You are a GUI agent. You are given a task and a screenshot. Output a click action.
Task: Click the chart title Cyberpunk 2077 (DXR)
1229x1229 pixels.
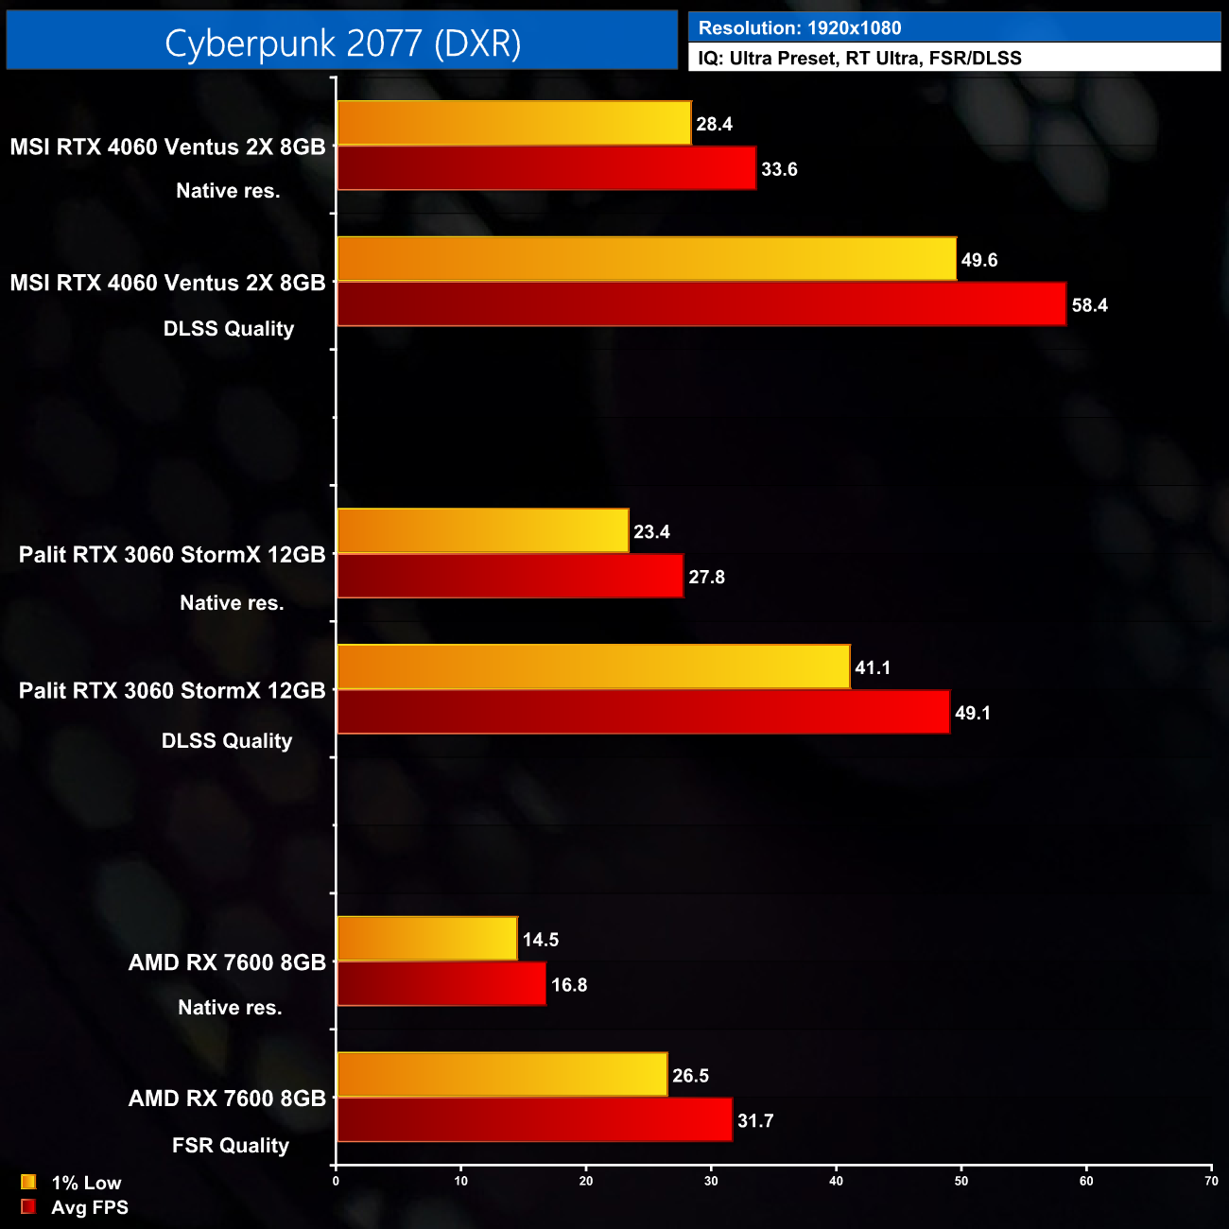342,43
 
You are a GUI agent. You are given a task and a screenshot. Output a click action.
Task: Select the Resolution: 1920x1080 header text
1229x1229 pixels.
800,28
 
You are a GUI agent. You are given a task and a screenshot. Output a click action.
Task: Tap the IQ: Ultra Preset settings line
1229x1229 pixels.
859,58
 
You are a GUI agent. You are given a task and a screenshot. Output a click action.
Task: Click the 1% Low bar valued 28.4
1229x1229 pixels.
514,124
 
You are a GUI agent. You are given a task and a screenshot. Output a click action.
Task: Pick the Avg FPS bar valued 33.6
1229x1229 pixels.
546,168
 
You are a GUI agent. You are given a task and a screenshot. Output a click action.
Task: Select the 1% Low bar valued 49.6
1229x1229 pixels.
647,259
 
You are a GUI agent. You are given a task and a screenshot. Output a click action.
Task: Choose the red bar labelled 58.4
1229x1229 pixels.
701,304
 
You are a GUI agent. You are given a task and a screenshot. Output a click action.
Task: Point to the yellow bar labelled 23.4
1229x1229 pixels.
482,531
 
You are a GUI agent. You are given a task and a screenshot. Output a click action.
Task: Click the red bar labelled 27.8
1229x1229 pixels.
510,577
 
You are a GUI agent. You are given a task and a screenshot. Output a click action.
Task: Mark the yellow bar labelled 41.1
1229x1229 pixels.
594,667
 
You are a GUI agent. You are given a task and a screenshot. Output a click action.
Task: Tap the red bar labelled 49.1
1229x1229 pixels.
643,712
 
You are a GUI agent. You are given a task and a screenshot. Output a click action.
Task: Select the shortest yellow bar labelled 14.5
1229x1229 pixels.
427,939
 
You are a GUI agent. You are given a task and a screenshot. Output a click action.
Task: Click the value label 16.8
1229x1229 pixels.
569,985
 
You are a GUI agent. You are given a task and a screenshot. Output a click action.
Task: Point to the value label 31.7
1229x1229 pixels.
755,1121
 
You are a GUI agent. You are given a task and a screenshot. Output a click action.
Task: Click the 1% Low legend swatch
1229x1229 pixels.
28,1182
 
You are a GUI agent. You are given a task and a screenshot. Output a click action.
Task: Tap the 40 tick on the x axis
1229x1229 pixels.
836,1181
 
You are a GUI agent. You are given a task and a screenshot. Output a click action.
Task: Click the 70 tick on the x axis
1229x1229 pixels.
1211,1181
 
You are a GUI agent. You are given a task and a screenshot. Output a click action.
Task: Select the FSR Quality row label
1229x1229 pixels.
230,1146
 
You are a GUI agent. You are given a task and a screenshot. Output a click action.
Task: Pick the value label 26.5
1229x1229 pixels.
690,1076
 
